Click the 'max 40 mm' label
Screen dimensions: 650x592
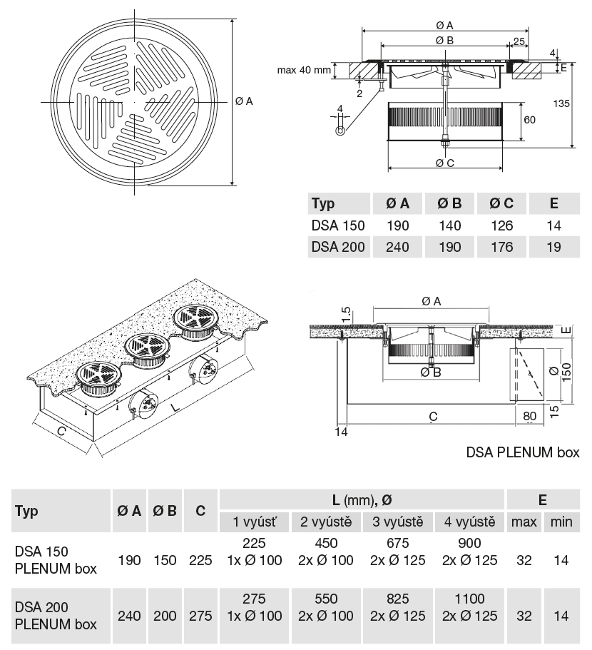pos(305,70)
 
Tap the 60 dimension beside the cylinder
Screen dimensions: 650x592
pos(529,120)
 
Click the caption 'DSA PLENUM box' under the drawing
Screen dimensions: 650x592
pos(523,452)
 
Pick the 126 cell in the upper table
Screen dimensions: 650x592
pos(501,225)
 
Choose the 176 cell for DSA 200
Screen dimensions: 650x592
pos(501,248)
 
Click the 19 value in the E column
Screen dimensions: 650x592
pos(554,248)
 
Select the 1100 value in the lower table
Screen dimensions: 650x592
pos(469,599)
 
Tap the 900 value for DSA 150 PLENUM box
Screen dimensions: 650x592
pos(469,544)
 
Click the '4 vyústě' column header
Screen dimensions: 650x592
pos(469,522)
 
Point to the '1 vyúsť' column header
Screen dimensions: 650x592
pos(255,522)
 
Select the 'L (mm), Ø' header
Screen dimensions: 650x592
pos(362,500)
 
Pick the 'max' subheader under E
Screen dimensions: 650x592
pos(524,522)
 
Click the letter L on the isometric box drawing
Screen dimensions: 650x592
pos(173,408)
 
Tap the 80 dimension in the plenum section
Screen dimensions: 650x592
pos(529,415)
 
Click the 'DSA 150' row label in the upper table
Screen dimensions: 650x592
pos(338,225)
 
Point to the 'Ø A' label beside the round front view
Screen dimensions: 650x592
pos(244,101)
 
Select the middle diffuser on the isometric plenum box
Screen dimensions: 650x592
pos(148,351)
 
